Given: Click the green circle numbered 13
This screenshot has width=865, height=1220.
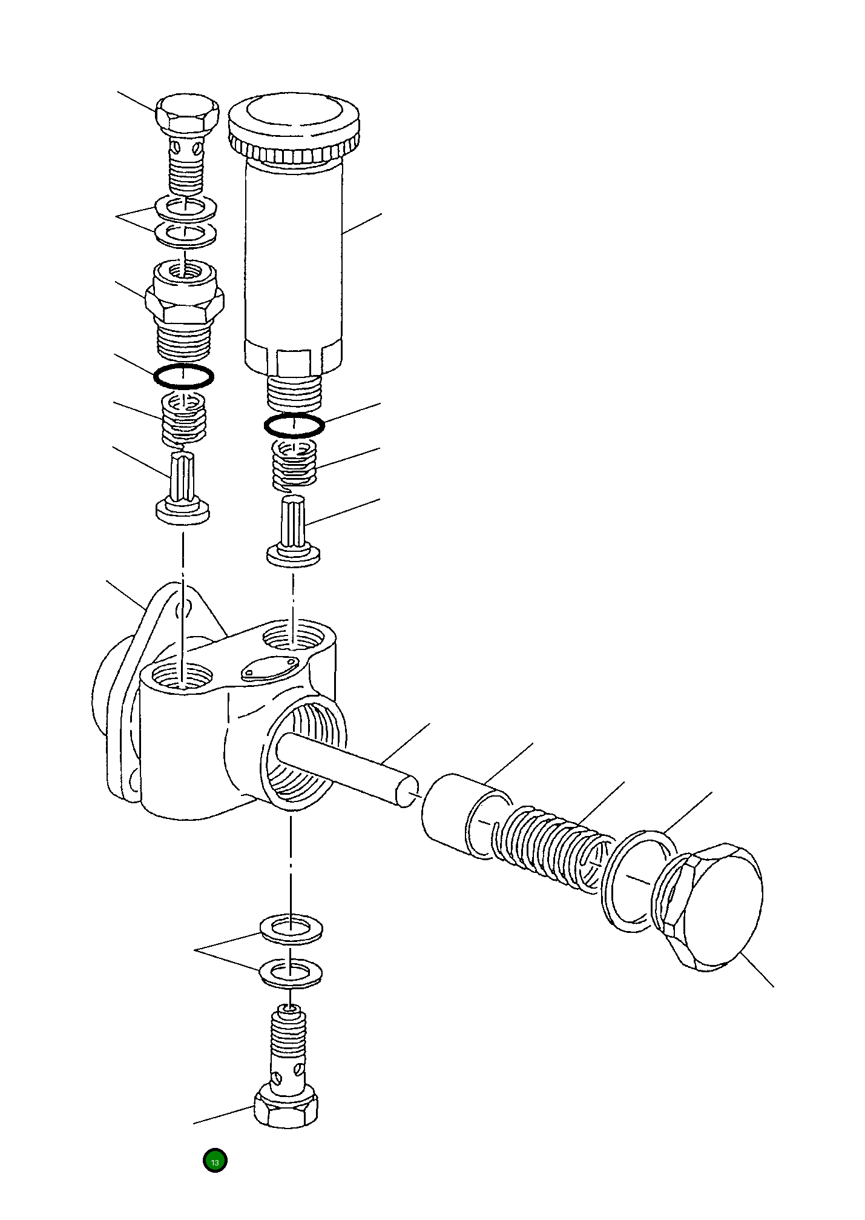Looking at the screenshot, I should pyautogui.click(x=214, y=1161).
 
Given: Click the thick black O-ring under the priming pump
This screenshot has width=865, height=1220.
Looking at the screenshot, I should pyautogui.click(x=294, y=426).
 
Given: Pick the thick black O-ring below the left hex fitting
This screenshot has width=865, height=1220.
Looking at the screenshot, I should pyautogui.click(x=183, y=376).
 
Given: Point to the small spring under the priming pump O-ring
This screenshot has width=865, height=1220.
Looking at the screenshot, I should pyautogui.click(x=294, y=463).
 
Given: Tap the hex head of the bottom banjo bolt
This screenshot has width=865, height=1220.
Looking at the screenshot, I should pyautogui.click(x=286, y=1109).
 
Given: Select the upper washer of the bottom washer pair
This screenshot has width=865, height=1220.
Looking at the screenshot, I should pyautogui.click(x=291, y=927).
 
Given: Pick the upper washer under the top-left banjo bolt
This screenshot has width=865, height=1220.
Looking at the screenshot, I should pyautogui.click(x=186, y=208).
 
